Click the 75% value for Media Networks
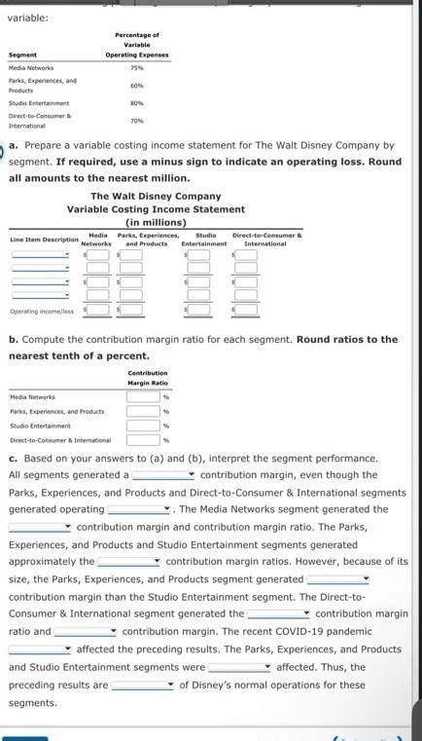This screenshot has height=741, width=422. tap(136, 68)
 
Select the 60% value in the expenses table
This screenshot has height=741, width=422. tap(136, 86)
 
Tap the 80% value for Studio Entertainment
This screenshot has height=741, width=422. tap(136, 103)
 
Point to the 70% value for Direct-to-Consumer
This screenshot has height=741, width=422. tap(136, 121)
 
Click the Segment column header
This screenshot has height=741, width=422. tap(23, 55)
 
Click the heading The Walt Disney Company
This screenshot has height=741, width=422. tap(156, 196)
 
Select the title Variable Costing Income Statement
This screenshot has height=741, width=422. tap(156, 209)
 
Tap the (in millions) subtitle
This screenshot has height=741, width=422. tap(156, 222)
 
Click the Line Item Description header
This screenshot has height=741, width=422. tap(45, 239)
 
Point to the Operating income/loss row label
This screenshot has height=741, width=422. tap(41, 311)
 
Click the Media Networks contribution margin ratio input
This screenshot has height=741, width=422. tap(143, 396)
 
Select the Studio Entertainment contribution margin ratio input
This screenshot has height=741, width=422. tap(143, 426)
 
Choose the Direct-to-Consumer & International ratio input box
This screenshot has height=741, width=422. tap(143, 440)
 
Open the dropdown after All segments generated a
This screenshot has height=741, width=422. tap(164, 475)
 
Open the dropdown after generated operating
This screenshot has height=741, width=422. tap(139, 509)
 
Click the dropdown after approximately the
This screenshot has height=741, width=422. tap(128, 561)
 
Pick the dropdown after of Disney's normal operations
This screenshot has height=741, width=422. tap(142, 685)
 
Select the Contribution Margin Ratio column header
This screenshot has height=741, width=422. tap(148, 378)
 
